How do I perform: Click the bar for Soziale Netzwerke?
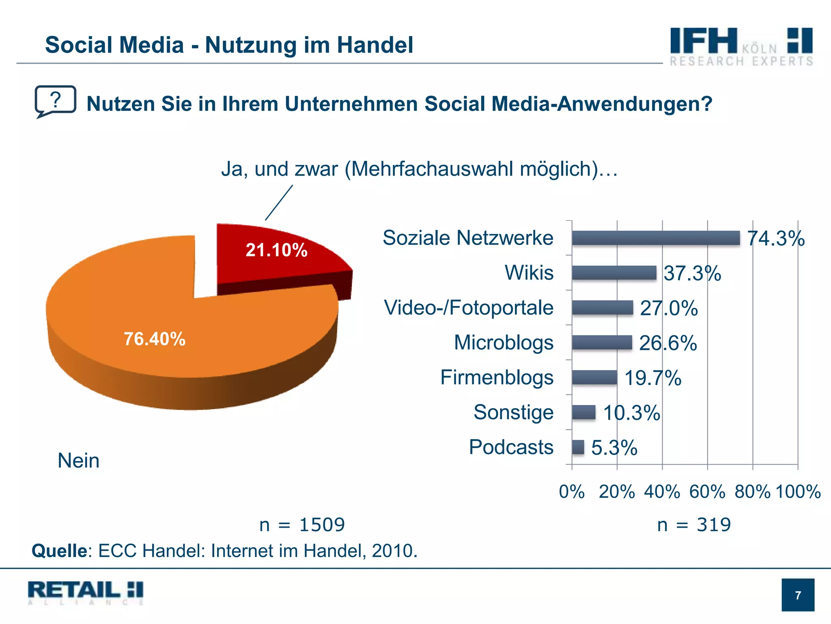click(x=655, y=238)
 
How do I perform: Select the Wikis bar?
click(x=614, y=273)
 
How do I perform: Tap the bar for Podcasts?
click(x=578, y=447)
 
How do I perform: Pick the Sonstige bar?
click(x=583, y=412)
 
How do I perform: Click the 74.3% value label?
click(x=775, y=238)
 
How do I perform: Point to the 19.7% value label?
click(x=652, y=378)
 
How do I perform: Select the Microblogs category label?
click(x=503, y=342)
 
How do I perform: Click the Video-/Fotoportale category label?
click(x=468, y=308)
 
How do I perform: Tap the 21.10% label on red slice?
click(x=276, y=250)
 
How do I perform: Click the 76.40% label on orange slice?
click(x=155, y=339)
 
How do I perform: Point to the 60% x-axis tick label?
click(x=707, y=492)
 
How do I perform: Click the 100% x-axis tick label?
click(x=798, y=492)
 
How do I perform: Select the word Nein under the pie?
click(x=78, y=461)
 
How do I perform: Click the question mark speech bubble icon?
click(x=55, y=101)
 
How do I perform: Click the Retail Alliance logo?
click(x=86, y=593)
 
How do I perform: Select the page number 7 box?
click(x=798, y=595)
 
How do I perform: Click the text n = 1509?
click(x=302, y=525)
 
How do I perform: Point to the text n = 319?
click(x=694, y=525)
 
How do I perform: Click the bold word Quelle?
click(x=59, y=551)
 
